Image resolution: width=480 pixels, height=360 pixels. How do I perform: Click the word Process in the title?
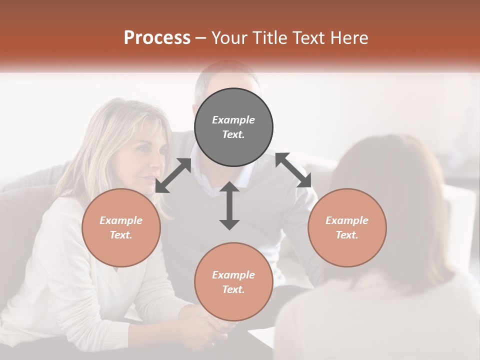point(157,38)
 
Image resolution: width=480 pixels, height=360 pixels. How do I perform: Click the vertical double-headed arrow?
point(229,205)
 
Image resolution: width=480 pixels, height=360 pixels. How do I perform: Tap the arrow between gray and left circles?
point(173,175)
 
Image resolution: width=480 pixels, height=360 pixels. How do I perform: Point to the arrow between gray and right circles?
point(293,170)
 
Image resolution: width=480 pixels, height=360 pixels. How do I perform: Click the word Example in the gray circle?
point(233,120)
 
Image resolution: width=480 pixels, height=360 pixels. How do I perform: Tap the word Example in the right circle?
point(347,220)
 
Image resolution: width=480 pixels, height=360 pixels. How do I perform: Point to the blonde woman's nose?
point(158,162)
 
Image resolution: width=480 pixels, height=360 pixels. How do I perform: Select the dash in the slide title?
point(201,38)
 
